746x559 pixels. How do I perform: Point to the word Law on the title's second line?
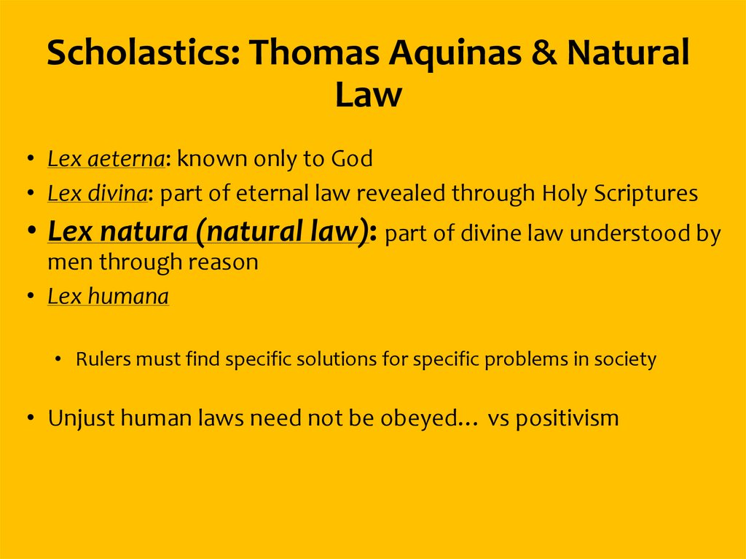pyautogui.click(x=368, y=95)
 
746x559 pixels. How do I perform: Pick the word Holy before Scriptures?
pyautogui.click(x=565, y=194)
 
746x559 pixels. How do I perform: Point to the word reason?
pyautogui.click(x=222, y=262)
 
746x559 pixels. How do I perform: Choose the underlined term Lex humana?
pyautogui.click(x=109, y=297)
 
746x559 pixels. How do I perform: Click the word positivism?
pyautogui.click(x=567, y=418)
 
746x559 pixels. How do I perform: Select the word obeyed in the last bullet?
pyautogui.click(x=426, y=418)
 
